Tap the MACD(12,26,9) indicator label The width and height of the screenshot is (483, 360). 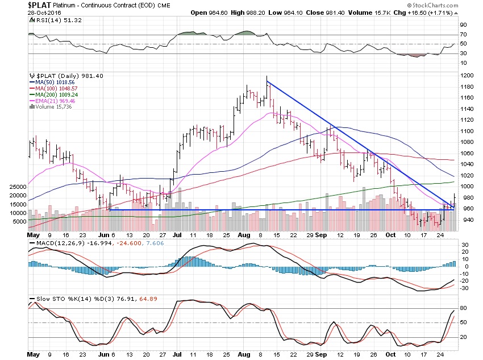[x=57, y=244]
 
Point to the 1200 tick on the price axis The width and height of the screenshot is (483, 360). [x=467, y=76]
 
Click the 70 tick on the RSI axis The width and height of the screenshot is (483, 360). [x=463, y=35]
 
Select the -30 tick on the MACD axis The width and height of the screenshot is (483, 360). [x=464, y=288]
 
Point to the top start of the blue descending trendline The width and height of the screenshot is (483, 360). [x=267, y=82]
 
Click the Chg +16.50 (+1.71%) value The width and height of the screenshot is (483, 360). [x=442, y=13]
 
